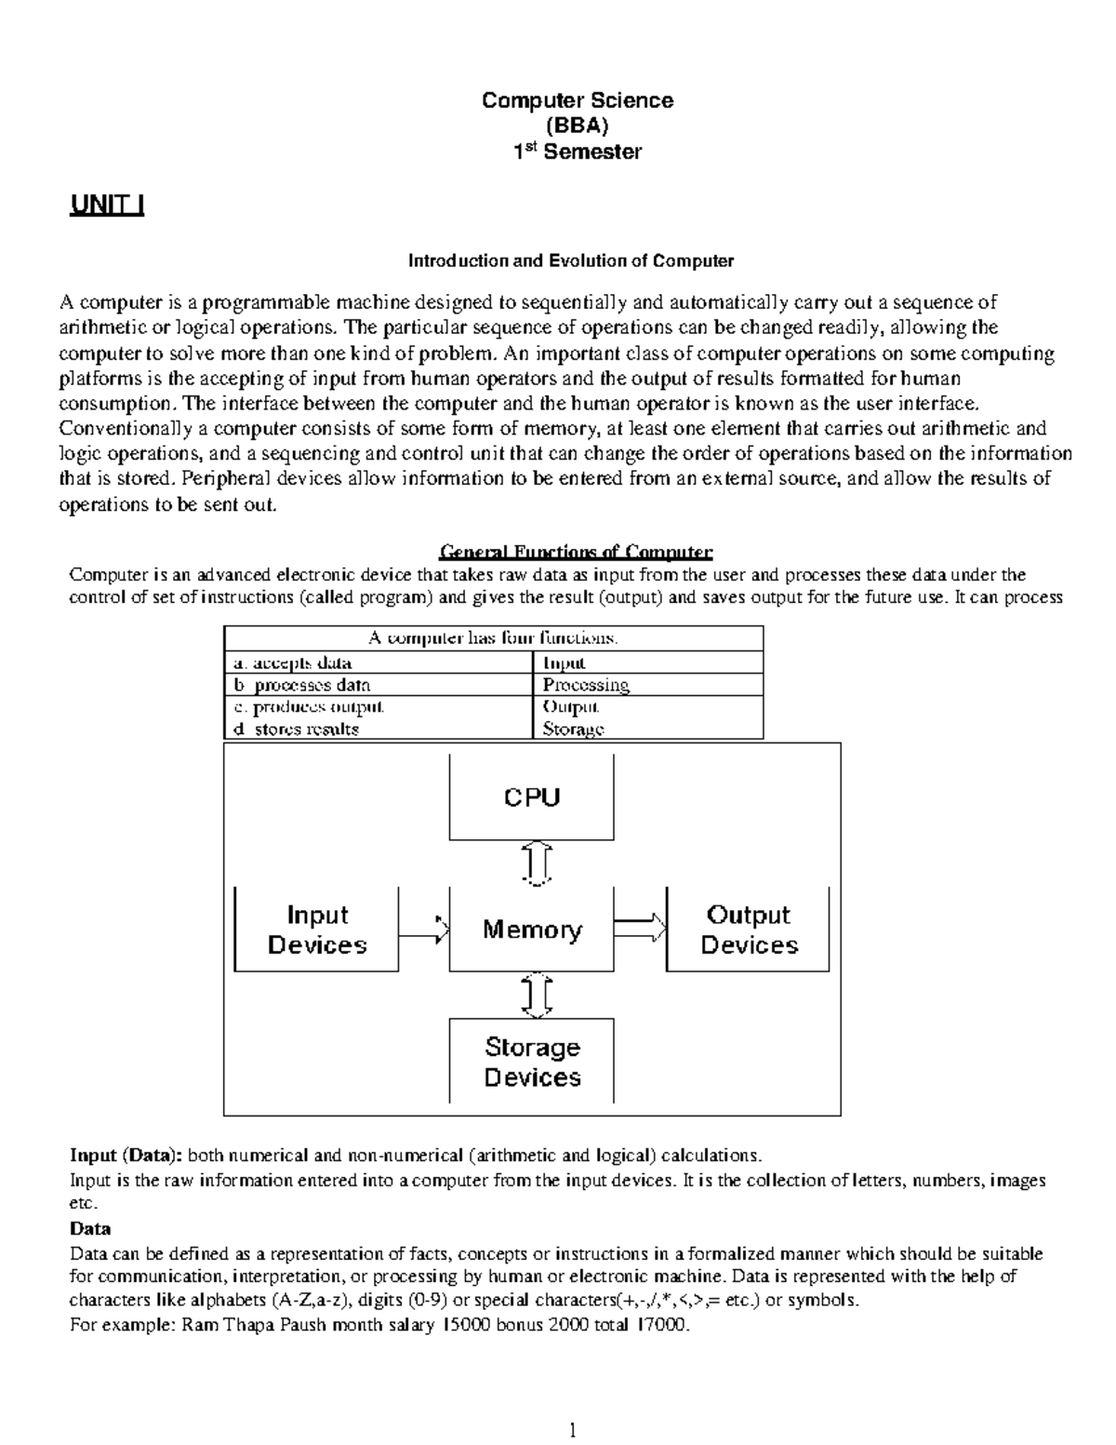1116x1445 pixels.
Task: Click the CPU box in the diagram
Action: (531, 797)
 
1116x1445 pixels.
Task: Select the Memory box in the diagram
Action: (531, 930)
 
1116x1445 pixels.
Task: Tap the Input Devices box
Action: (316, 930)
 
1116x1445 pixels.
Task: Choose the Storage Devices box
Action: (531, 1062)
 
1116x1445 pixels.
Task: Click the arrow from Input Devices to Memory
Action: (424, 929)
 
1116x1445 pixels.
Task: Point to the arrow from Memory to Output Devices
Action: (640, 928)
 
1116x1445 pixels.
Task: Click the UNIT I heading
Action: (107, 206)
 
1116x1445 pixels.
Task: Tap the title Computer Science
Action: (577, 100)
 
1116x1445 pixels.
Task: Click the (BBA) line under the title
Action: (577, 126)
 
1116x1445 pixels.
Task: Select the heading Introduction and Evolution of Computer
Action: (571, 261)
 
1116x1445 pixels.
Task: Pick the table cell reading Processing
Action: (586, 686)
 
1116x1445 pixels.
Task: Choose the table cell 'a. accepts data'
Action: (292, 663)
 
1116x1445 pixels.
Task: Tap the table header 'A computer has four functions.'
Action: (493, 638)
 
